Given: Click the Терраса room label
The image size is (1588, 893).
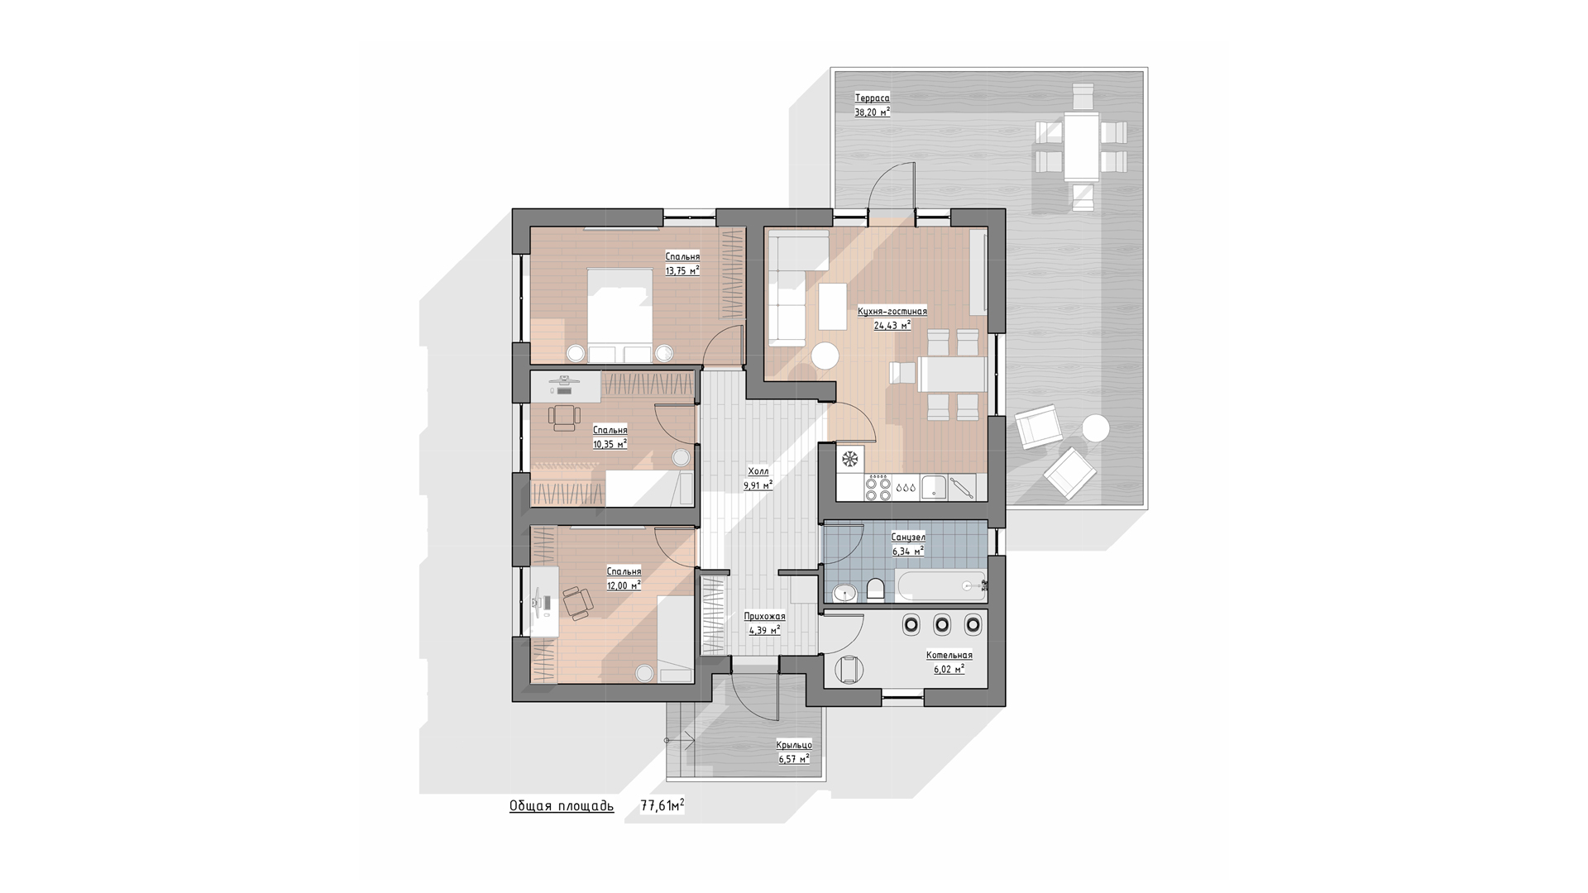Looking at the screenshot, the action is tap(872, 98).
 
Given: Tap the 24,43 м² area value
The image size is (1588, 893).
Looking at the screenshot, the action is tap(892, 325).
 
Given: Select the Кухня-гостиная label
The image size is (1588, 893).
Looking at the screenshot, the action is tap(892, 311).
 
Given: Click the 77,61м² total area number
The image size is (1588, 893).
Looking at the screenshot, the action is tap(662, 805).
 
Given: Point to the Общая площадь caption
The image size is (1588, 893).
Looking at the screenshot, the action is tap(562, 805).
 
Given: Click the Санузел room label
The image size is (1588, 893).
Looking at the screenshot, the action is tap(908, 537).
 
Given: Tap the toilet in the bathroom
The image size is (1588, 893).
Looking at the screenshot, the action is tap(876, 589).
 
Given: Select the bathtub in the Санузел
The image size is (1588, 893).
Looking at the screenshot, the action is tap(940, 586).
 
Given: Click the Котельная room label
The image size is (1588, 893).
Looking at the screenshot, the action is tap(949, 655).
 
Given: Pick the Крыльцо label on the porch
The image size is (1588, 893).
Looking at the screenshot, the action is tap(794, 744).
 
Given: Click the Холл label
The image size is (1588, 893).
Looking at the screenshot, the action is tap(758, 471).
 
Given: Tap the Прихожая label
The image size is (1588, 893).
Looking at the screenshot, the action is tap(764, 616).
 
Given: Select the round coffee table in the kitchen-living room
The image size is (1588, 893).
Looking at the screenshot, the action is tap(825, 356).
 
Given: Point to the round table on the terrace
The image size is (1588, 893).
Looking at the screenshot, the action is tap(1096, 428).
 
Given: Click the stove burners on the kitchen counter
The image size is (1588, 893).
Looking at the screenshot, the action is tap(878, 488).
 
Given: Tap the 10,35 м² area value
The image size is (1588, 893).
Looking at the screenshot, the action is tap(610, 444).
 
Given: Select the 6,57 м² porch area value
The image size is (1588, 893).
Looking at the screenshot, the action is tap(794, 758).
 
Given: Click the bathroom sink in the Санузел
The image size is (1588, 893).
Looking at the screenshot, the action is tap(844, 592).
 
